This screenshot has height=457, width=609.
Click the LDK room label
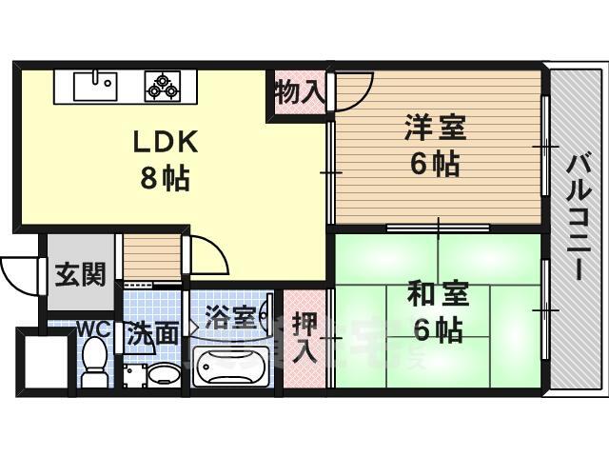[x=165, y=143]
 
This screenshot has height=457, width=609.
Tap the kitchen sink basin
[x=95, y=87]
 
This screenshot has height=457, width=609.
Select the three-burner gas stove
[x=163, y=87]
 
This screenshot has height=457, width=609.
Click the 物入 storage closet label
[x=298, y=93]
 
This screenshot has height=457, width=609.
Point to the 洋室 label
[x=435, y=127]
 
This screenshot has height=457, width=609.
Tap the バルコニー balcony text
[x=580, y=218]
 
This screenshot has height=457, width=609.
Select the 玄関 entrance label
[x=80, y=275]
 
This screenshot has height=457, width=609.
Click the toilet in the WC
[x=94, y=362]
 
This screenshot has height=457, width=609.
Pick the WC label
[x=94, y=330]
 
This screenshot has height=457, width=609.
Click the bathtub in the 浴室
[x=230, y=367]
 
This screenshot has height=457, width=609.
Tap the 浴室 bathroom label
[x=230, y=317]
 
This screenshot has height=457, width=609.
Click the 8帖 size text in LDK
[x=165, y=178]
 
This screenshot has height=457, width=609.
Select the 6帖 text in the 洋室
[x=435, y=164]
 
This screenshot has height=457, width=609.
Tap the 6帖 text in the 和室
[x=438, y=330]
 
